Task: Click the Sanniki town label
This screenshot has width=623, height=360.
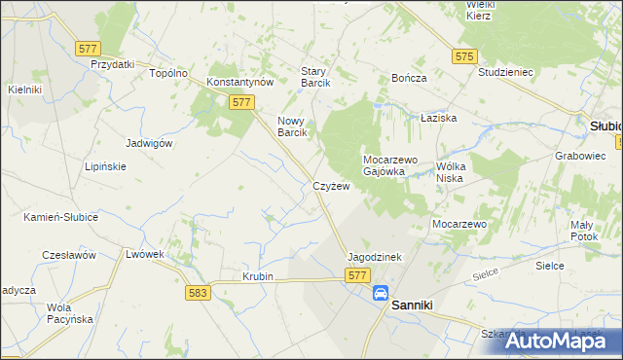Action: (419, 305)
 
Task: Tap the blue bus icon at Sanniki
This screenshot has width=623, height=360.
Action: (380, 293)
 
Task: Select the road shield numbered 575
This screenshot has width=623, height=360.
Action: (463, 56)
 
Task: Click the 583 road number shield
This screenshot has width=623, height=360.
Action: (198, 291)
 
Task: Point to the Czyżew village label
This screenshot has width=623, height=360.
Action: (331, 186)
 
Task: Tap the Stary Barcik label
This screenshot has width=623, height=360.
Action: (316, 77)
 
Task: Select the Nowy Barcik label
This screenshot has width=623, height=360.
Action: (293, 126)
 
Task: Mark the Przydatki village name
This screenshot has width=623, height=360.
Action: (112, 64)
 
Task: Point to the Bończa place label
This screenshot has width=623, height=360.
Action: (409, 77)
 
